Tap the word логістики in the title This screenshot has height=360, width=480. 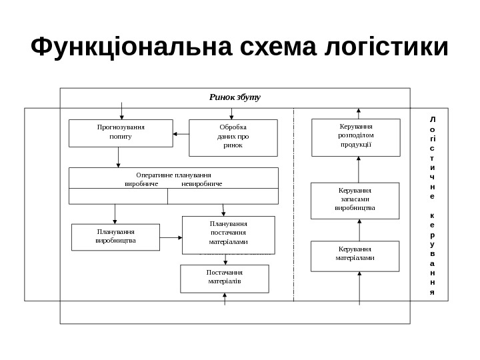point(386,47)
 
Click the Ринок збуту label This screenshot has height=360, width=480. point(235,97)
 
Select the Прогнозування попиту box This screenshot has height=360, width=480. point(121,133)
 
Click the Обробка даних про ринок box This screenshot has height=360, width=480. point(233,137)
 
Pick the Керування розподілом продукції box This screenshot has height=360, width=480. point(356,137)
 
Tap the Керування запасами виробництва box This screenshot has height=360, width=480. point(355,201)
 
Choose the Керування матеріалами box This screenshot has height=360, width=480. point(355,256)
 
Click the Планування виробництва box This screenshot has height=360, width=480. point(115,237)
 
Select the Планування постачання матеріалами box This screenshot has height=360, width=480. point(228,235)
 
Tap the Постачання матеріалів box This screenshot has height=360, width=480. point(224,279)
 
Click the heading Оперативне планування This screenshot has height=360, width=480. point(173,175)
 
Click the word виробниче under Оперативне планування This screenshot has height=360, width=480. point(141,183)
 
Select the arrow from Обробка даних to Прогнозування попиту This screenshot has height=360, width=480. point(181,134)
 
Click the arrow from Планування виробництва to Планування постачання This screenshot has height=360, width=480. point(171,237)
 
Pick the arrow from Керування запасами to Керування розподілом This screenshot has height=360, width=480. point(359,169)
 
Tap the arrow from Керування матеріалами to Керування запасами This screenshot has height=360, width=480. point(359,230)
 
